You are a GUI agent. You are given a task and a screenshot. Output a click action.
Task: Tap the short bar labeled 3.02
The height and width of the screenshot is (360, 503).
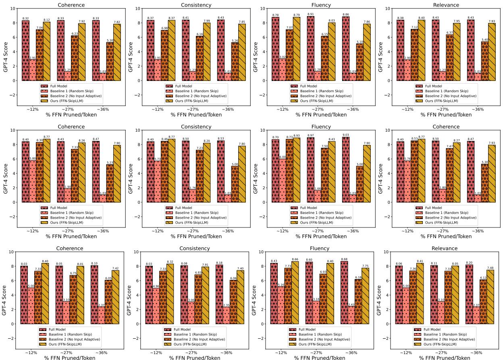(284, 70)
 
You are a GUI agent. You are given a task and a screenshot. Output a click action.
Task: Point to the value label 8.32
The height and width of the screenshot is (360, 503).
(25, 19)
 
